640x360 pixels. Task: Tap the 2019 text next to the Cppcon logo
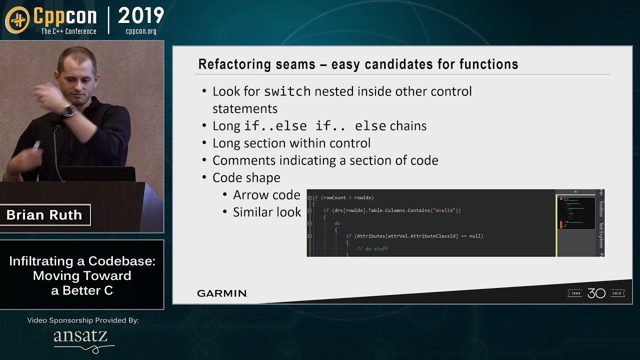tap(141, 16)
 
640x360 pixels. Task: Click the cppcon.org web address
tap(141, 31)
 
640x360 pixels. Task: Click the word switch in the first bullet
tap(287, 91)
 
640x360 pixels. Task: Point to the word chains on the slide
tap(408, 126)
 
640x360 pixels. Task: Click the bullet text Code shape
tap(246, 177)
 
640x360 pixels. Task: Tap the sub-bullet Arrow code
tap(266, 195)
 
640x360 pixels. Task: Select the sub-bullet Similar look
tap(267, 212)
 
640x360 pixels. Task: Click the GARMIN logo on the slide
tap(222, 293)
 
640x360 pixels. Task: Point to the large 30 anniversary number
tap(596, 293)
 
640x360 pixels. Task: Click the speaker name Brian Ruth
tap(44, 215)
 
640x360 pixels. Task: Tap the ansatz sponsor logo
tap(80, 337)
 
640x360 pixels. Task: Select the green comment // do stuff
tap(372, 248)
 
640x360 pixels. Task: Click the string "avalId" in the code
tap(444, 210)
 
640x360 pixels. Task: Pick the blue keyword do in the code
tap(337, 223)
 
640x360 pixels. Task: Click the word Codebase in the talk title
tap(121, 261)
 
